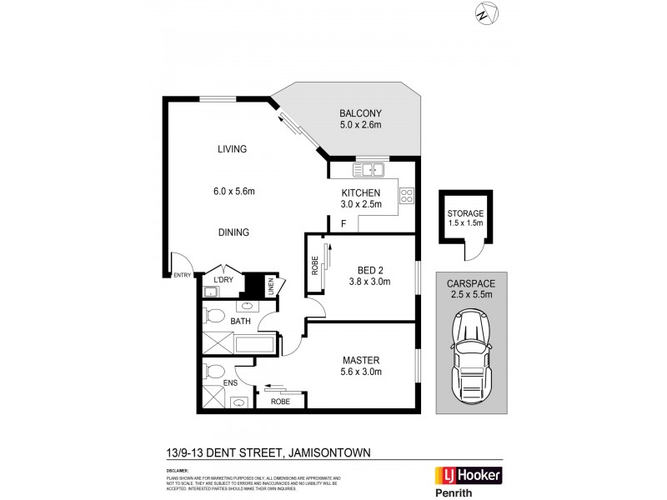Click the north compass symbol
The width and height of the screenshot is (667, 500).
[x=486, y=14]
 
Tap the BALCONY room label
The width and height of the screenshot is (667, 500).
[x=360, y=113]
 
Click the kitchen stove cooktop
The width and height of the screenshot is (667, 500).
[x=407, y=196]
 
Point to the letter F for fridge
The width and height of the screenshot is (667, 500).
[x=343, y=224]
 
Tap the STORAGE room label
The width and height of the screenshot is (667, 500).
[x=464, y=213]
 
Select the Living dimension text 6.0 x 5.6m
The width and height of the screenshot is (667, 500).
[x=233, y=191]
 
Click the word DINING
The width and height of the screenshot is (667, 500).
[x=233, y=232]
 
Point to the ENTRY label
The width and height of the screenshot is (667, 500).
[x=181, y=275]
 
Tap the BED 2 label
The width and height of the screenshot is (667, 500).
[x=371, y=268]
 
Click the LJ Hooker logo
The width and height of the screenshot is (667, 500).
[x=468, y=475]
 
